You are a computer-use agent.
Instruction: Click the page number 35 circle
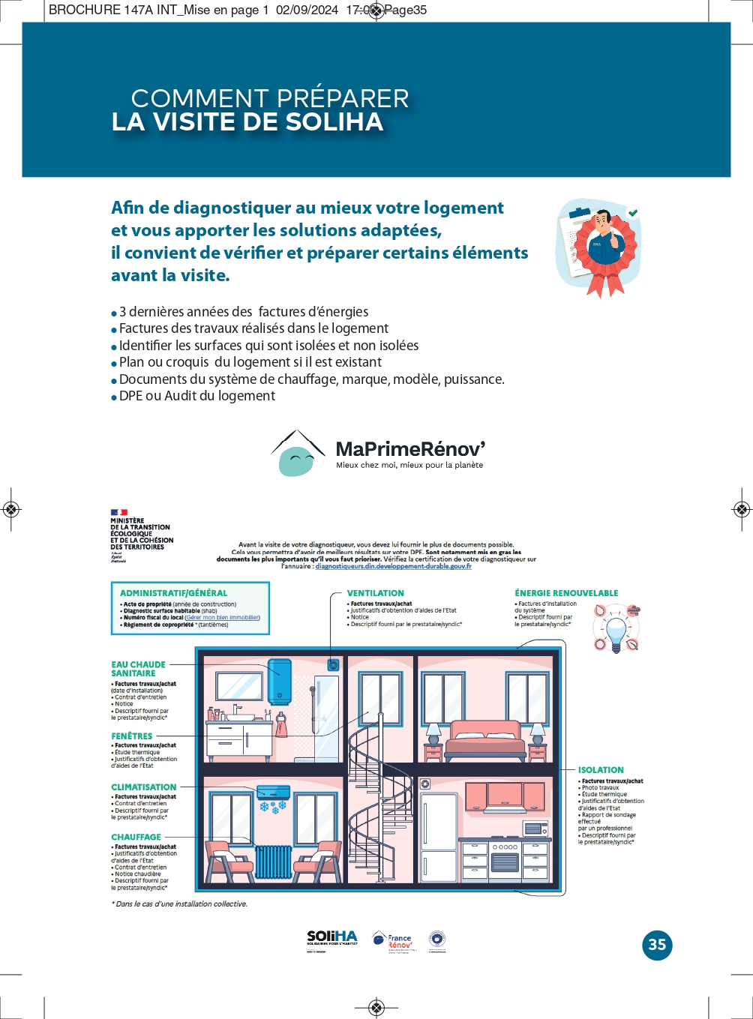click(x=657, y=945)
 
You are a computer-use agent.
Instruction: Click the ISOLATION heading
click(x=601, y=770)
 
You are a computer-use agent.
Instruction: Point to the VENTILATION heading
click(x=375, y=593)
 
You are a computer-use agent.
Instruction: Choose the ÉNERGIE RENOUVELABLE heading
click(x=566, y=593)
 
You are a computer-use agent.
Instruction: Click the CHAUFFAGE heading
click(x=136, y=837)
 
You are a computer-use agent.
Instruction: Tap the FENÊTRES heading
click(x=131, y=736)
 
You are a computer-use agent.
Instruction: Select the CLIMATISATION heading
click(x=143, y=787)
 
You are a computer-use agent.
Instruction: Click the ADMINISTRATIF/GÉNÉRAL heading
click(x=173, y=593)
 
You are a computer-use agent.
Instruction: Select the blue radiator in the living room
click(x=273, y=862)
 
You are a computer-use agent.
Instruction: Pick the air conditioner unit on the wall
click(x=273, y=792)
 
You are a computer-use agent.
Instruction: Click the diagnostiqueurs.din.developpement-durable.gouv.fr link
click(x=393, y=567)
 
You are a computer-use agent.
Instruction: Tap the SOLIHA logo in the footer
click(x=332, y=939)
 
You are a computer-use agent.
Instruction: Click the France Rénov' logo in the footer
click(x=393, y=941)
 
